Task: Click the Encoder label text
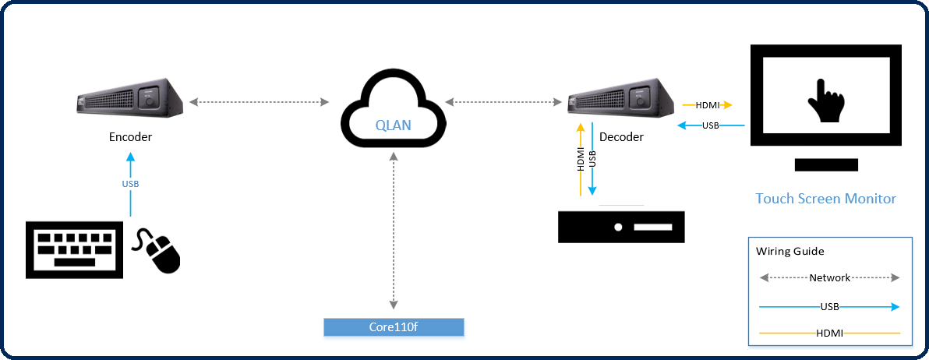[130, 137]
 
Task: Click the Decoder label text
[621, 137]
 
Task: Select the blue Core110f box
[394, 326]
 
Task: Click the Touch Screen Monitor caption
[825, 199]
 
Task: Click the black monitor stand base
[826, 164]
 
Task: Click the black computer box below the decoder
[621, 227]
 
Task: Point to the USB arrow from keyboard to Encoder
[130, 184]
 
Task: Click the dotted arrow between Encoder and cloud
[258, 101]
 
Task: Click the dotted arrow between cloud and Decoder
[503, 101]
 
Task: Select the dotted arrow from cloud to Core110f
[394, 230]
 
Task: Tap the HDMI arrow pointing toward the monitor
[707, 104]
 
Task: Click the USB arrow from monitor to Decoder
[710, 125]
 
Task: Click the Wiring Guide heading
[789, 252]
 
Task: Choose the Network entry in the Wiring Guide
[829, 277]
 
